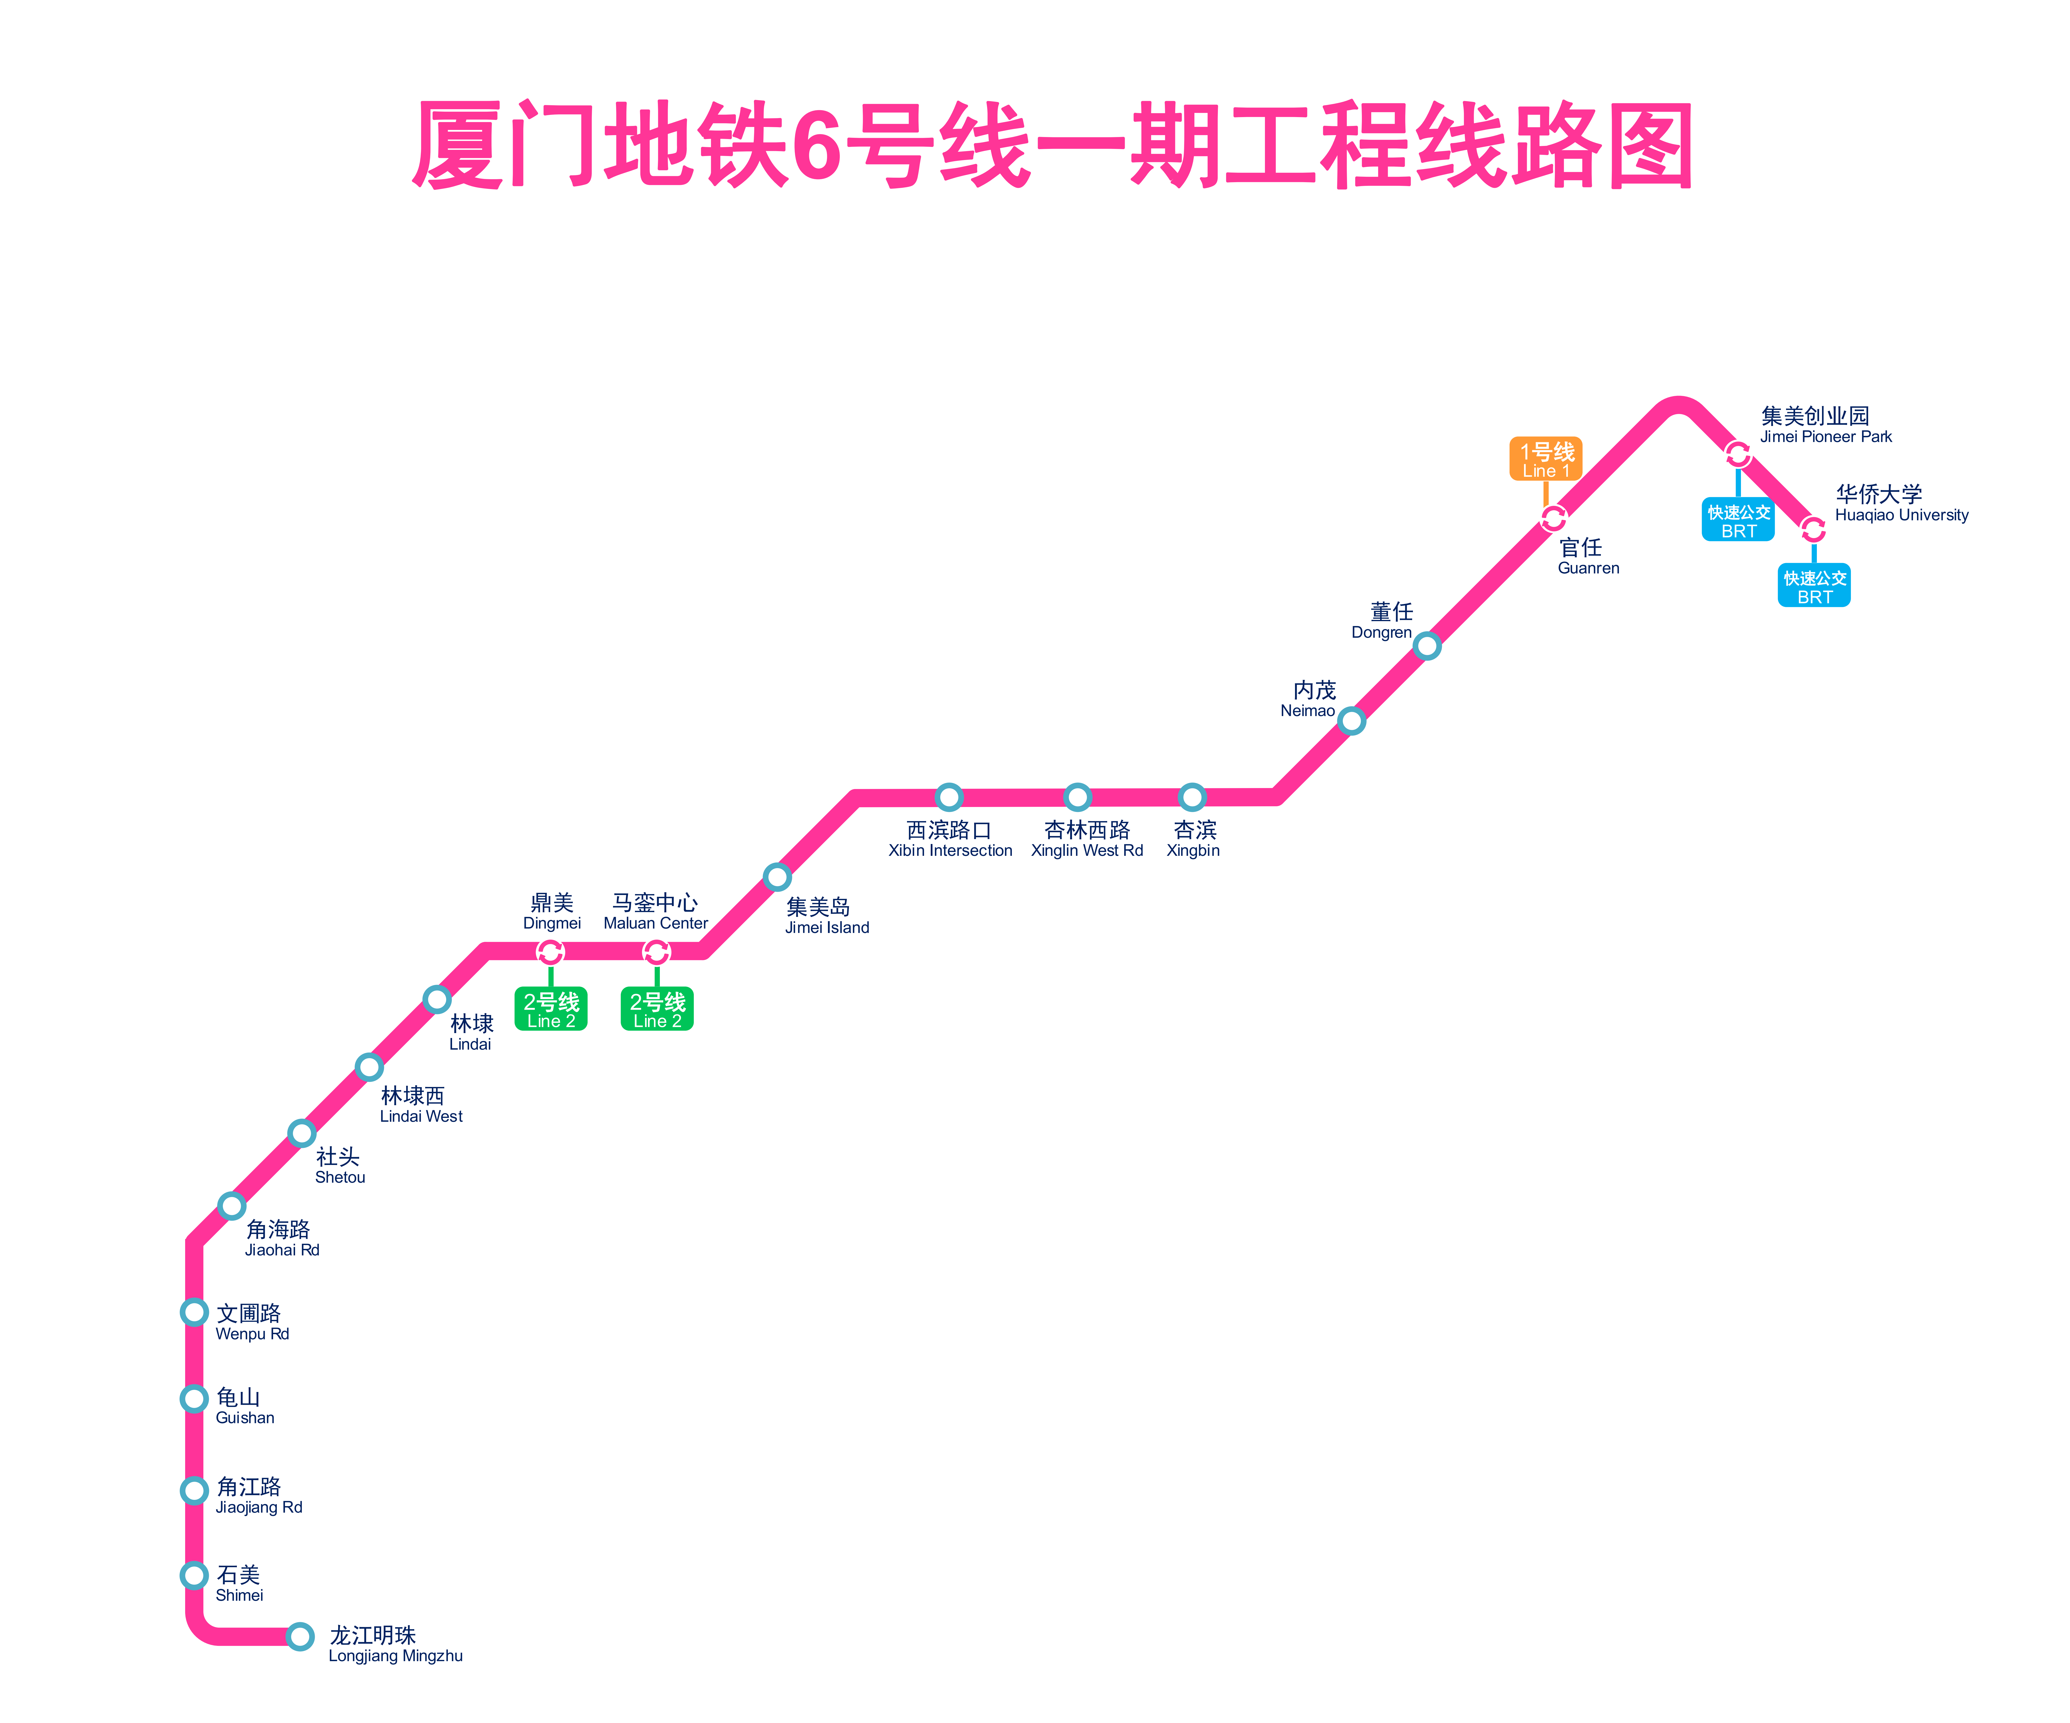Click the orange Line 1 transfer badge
coord(1546,459)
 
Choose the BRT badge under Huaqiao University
coord(1814,585)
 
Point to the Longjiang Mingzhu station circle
coord(301,1636)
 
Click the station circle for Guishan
coord(195,1399)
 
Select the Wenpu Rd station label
coord(251,1322)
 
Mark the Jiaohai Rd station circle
coord(232,1206)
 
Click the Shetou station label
coord(339,1165)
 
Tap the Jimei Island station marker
coord(778,876)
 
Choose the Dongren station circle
coord(1427,646)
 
